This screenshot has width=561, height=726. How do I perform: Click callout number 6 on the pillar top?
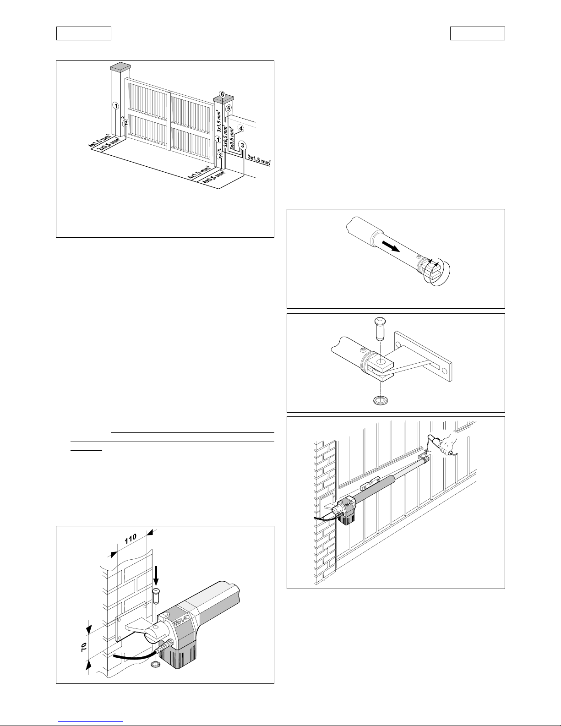point(222,94)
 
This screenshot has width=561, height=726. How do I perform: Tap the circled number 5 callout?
point(229,108)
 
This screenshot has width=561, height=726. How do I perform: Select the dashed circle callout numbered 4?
point(241,128)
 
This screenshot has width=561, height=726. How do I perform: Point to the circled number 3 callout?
point(243,145)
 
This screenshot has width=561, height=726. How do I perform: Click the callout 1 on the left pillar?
point(116,105)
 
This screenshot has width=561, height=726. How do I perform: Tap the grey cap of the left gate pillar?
point(120,67)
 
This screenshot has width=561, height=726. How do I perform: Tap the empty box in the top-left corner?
point(84,33)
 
